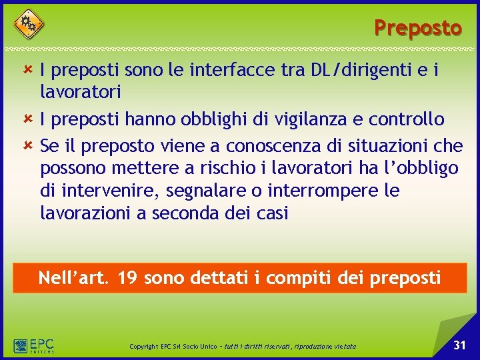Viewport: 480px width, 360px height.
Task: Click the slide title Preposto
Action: [x=417, y=28]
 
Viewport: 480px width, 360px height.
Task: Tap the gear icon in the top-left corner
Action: [x=28, y=24]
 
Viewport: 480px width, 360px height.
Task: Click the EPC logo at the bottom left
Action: [x=33, y=346]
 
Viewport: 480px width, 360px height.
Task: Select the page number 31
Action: [x=459, y=345]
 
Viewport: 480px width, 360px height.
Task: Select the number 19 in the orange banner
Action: [x=128, y=277]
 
